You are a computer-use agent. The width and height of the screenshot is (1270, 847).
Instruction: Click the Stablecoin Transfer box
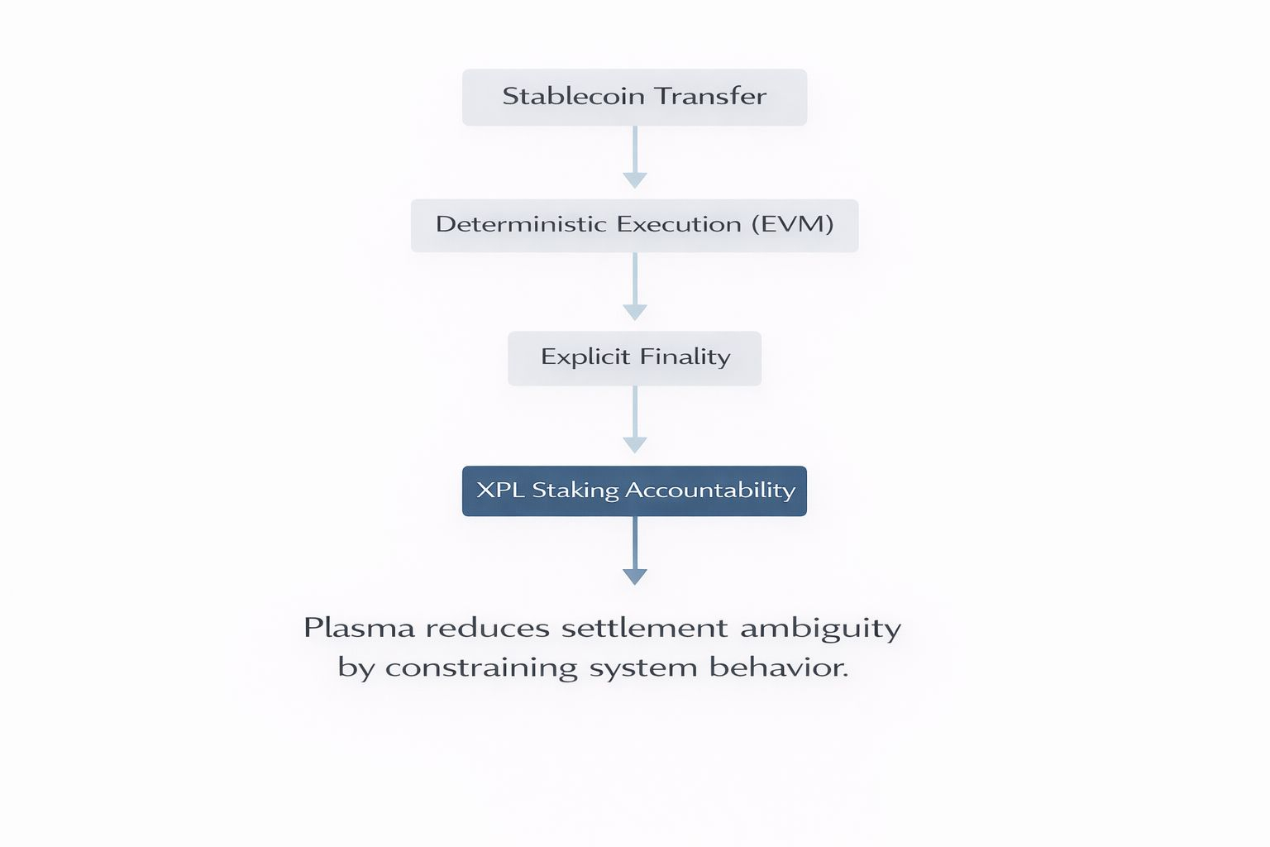(x=634, y=98)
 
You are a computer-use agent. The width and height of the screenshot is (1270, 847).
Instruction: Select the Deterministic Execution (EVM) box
(x=634, y=226)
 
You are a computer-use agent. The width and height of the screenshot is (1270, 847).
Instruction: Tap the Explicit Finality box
(x=634, y=358)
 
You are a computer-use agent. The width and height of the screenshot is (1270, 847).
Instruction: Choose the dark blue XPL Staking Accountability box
(x=634, y=491)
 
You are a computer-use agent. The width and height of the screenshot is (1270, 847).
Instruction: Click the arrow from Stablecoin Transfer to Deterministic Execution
(x=634, y=157)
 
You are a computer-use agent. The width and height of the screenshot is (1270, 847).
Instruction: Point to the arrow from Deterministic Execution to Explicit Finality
(x=634, y=287)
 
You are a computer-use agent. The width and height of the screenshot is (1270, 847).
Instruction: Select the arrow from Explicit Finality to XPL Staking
(x=634, y=420)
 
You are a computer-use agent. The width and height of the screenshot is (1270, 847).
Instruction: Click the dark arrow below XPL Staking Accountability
(x=634, y=552)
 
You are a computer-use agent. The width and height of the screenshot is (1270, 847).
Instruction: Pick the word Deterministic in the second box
(x=522, y=224)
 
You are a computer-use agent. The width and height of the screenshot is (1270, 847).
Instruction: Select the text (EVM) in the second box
(x=792, y=224)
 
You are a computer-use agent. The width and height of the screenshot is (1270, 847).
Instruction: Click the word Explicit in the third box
(x=585, y=357)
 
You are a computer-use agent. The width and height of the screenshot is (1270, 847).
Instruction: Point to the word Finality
(x=685, y=357)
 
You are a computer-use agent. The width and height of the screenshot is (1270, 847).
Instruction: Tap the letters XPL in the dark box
(x=500, y=490)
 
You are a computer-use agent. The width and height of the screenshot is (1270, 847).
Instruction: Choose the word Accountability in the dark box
(x=710, y=490)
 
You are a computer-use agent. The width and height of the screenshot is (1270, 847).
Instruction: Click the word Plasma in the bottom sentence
(x=359, y=628)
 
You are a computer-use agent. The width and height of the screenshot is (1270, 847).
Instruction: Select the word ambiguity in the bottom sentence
(x=820, y=629)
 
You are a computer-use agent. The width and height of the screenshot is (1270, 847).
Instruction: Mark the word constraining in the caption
(x=481, y=668)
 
